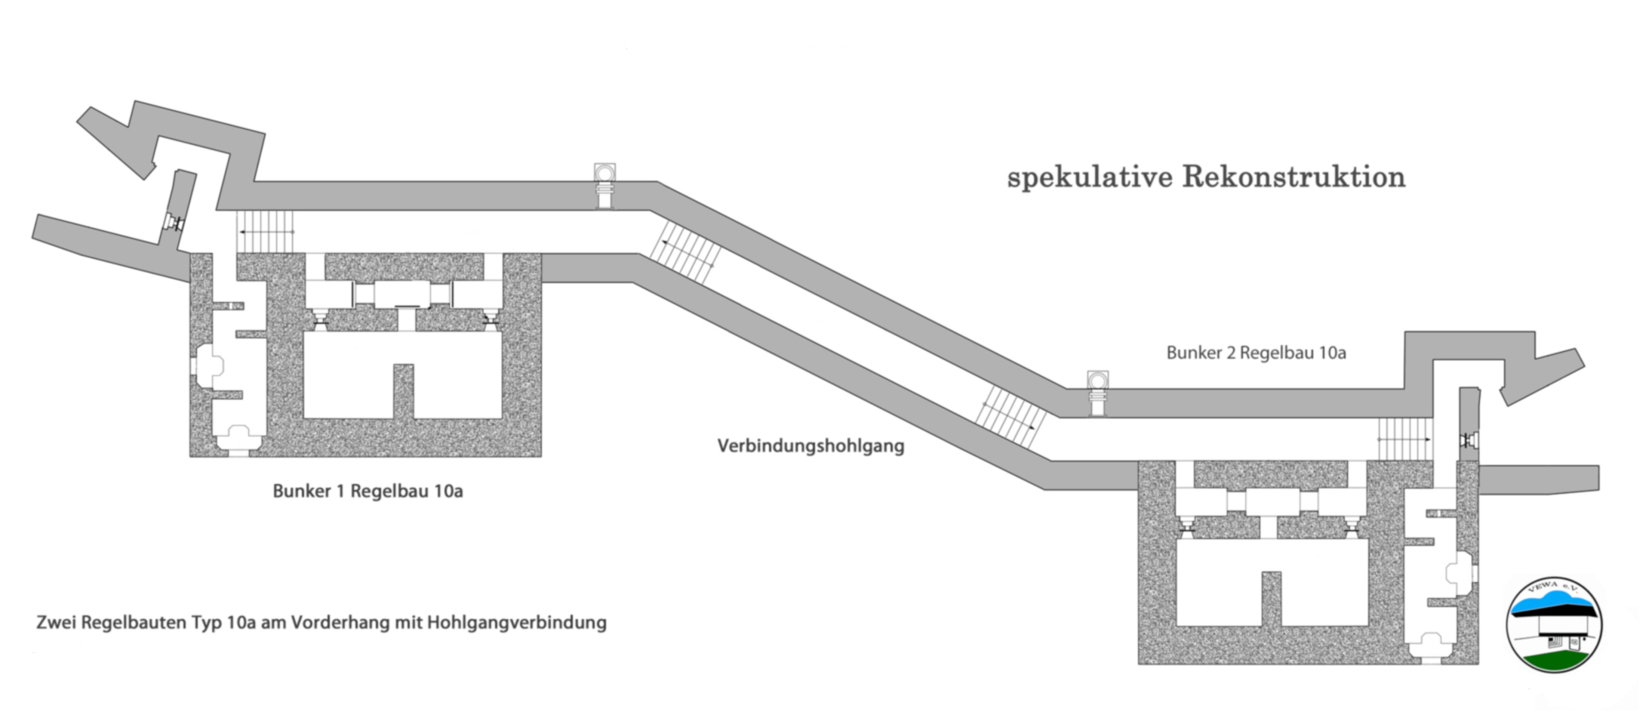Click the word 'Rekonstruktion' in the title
(x=1293, y=177)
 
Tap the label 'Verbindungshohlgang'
(x=811, y=445)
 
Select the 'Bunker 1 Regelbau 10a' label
(x=368, y=491)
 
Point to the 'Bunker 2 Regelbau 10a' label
(x=1256, y=353)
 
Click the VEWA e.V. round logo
(x=1554, y=625)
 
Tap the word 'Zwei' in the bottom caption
(x=57, y=623)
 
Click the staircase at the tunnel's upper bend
(x=685, y=253)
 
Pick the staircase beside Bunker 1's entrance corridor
(x=265, y=232)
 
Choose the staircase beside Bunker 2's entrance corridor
(x=1404, y=439)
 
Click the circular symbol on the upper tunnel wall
(x=605, y=174)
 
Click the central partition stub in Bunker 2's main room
(x=1272, y=598)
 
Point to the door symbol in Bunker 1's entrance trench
(x=175, y=223)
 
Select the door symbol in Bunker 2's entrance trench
(x=1469, y=439)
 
